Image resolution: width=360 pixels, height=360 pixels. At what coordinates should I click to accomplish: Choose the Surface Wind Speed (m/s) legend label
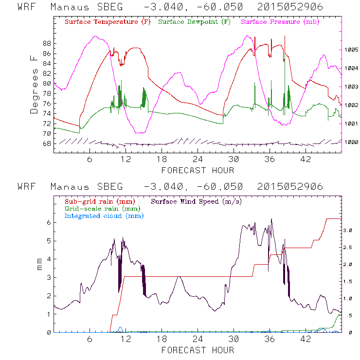197,200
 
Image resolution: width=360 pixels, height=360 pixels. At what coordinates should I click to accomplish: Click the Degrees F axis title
34,84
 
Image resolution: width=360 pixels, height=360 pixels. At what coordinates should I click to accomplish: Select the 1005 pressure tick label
352,50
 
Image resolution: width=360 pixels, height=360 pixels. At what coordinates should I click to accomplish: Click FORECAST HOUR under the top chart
198,170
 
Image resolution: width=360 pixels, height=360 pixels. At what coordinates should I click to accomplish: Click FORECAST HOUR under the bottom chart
198,350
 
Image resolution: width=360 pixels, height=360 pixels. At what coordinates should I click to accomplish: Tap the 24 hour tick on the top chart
198,159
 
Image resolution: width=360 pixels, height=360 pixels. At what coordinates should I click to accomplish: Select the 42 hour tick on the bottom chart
306,339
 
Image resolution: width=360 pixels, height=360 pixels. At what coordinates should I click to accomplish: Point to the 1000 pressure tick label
352,142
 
